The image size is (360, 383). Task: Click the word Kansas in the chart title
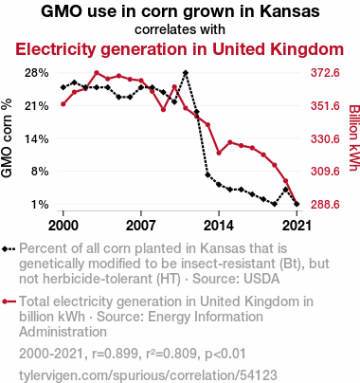point(289,11)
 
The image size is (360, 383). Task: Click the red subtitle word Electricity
point(55,49)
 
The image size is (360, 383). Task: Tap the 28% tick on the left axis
point(37,73)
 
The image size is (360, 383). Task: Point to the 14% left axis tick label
point(37,138)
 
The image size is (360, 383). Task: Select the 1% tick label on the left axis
point(40,205)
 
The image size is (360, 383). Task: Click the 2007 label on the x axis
point(141,226)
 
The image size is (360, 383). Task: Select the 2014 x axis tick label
point(219,226)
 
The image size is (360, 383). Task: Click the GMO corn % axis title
point(7,138)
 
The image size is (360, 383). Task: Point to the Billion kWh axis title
point(354,138)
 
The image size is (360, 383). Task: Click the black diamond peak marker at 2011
point(186,73)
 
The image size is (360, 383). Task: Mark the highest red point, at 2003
point(97,73)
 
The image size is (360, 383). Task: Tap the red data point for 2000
point(63,104)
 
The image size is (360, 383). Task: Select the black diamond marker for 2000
point(63,87)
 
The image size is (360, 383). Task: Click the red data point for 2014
point(219,153)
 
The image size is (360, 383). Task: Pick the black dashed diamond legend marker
point(9,249)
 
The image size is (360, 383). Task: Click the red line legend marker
point(9,301)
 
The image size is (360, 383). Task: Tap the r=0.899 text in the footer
point(117,354)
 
